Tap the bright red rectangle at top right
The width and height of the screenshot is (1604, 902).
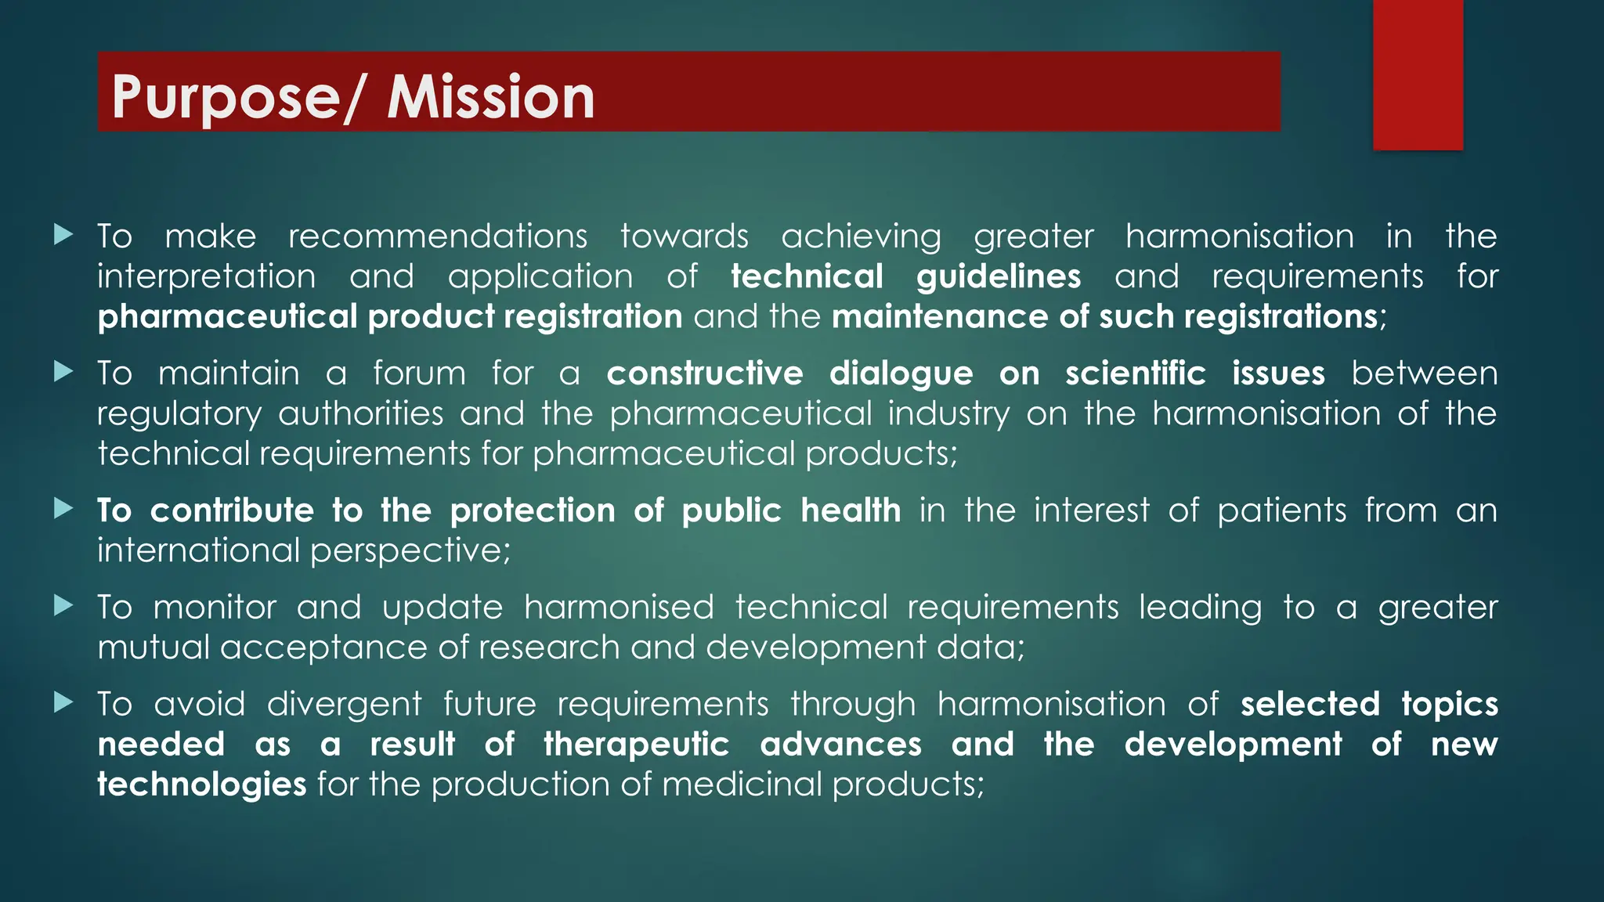point(1418,74)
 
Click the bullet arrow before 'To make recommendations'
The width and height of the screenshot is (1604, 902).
point(63,234)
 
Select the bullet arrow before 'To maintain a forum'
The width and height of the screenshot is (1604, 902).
point(63,371)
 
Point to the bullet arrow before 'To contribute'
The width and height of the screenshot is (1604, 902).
point(63,509)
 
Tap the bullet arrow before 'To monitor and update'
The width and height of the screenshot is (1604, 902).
point(63,605)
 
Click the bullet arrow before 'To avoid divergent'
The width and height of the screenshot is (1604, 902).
point(63,702)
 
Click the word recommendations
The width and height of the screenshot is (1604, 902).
point(438,236)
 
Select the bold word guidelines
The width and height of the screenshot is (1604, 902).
point(999,276)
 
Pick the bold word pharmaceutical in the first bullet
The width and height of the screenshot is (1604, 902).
point(227,317)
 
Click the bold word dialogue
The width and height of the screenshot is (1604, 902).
point(901,374)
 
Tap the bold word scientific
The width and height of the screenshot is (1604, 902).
point(1135,373)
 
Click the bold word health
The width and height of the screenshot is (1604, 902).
point(851,511)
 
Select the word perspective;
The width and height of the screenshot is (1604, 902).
point(410,551)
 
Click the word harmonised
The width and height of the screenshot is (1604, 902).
point(619,608)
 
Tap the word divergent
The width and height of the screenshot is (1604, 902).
point(344,705)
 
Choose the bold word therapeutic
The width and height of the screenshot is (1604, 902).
point(637,745)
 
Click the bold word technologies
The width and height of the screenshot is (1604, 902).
point(201,785)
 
